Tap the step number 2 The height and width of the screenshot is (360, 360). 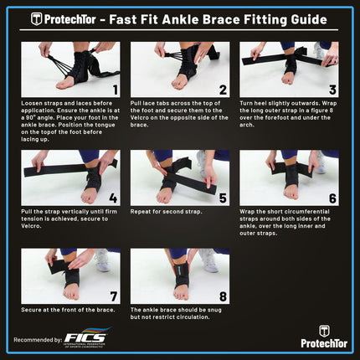click(222, 89)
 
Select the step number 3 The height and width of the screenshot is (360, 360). click(332, 89)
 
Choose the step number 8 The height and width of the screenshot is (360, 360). click(222, 296)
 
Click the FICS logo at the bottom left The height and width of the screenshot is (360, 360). click(83, 339)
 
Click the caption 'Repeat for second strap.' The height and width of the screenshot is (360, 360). click(167, 212)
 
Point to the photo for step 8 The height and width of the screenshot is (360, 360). click(180, 275)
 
